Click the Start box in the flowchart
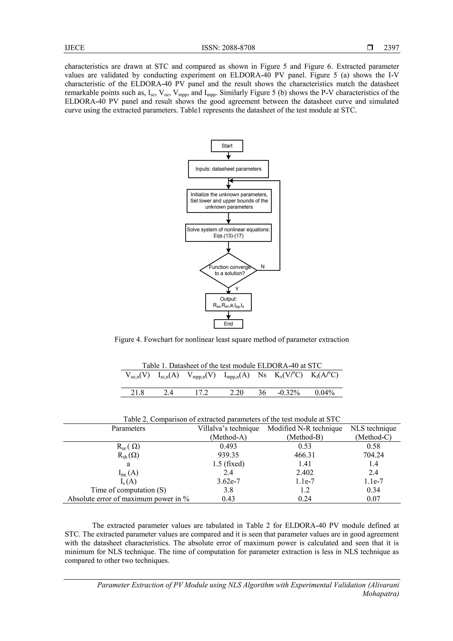point(227,146)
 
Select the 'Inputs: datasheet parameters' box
point(228,169)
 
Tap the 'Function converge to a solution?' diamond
point(228,270)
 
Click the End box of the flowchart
point(228,324)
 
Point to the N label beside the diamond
point(263,267)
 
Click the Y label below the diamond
point(237,289)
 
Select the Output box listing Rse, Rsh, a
point(228,302)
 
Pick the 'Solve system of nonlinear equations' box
point(228,233)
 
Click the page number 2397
point(391,48)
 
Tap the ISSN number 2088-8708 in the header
point(228,48)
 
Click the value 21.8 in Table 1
point(138,393)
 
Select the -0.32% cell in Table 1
point(289,393)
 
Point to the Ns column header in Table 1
point(262,375)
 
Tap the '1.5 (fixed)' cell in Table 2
point(228,464)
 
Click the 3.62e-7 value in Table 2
point(228,481)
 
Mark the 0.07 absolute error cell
point(373,499)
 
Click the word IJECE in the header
point(75,48)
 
